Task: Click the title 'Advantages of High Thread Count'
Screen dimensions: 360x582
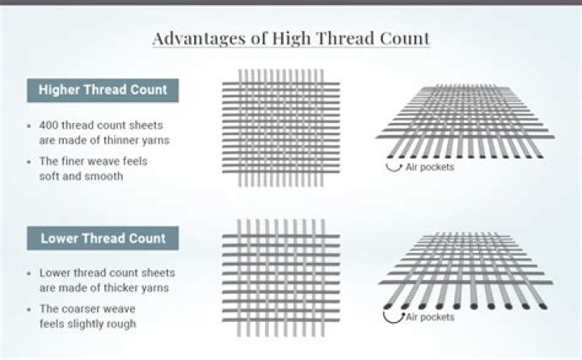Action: tap(290, 38)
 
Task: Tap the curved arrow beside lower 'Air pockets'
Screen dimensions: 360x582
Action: tap(394, 316)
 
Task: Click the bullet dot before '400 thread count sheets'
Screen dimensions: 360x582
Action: tap(29, 127)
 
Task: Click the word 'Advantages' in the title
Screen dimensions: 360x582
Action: tap(195, 38)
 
